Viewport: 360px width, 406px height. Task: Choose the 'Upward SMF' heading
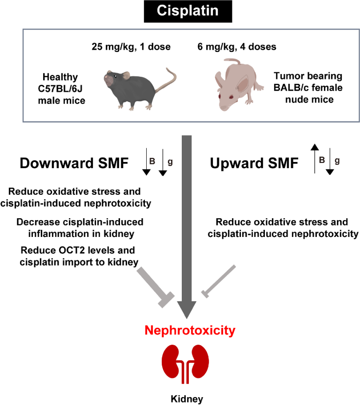click(x=254, y=164)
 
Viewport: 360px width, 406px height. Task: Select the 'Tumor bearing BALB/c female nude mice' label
click(x=307, y=89)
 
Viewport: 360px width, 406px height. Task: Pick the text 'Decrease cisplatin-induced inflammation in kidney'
click(x=80, y=227)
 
